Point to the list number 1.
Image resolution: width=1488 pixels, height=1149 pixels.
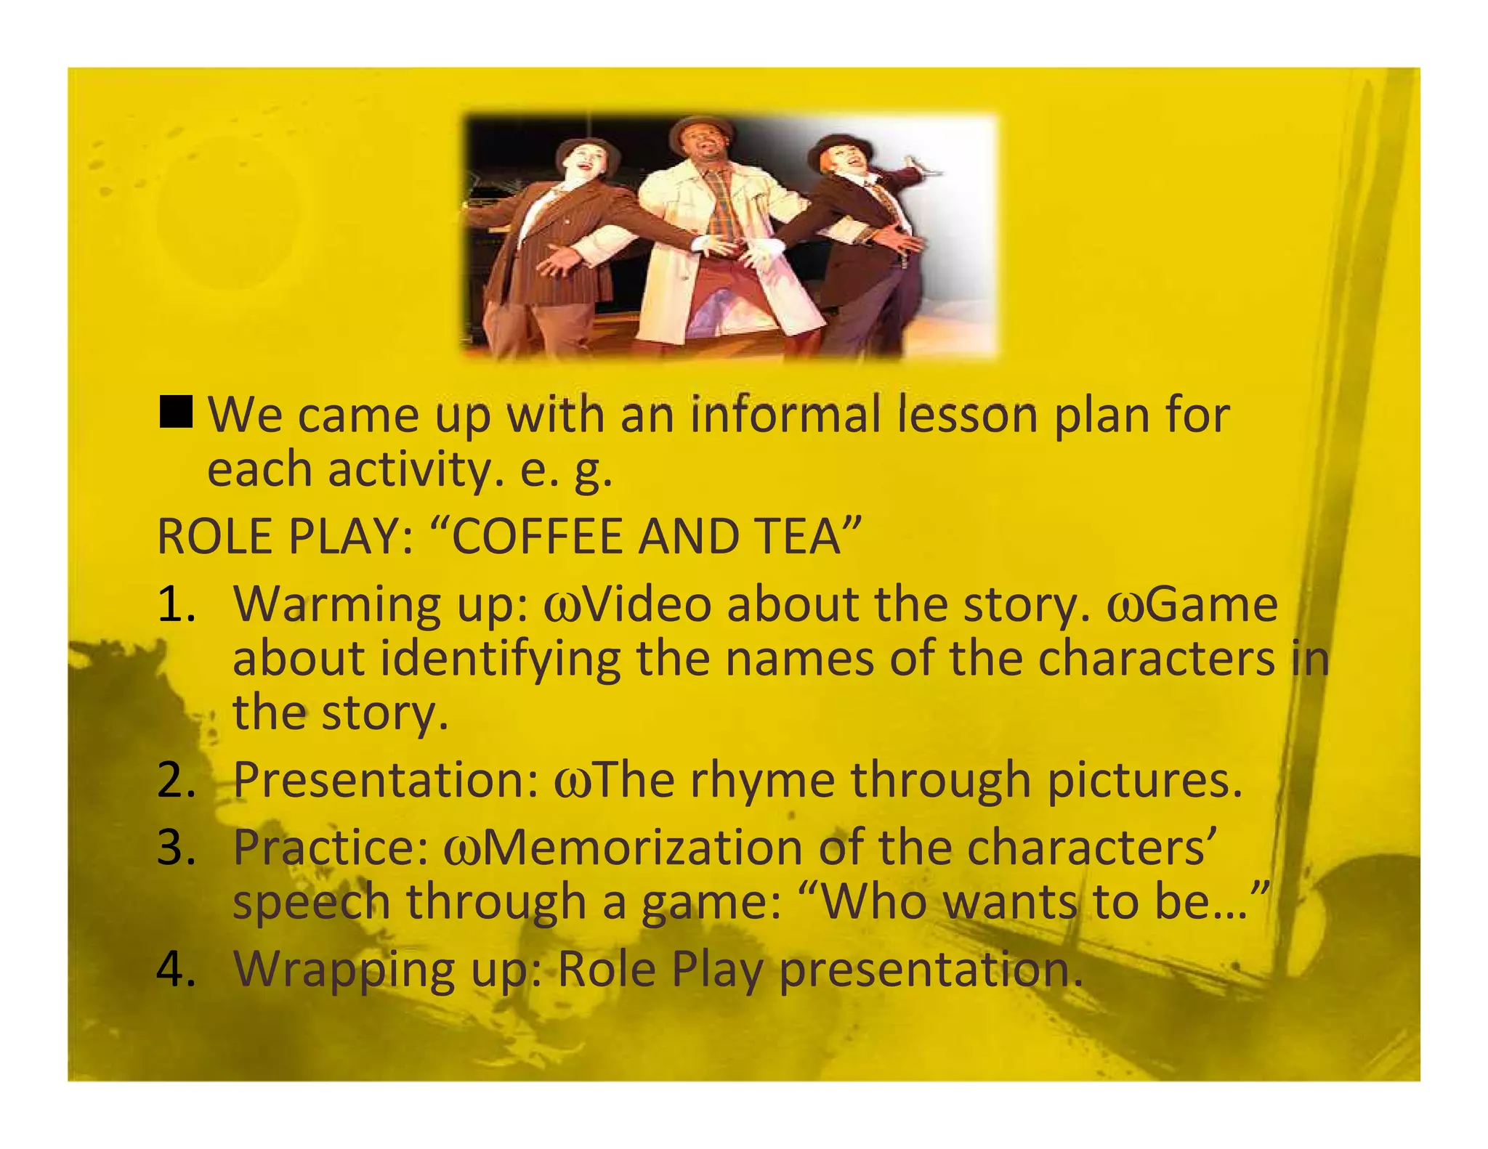click(x=176, y=604)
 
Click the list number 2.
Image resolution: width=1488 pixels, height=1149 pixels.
click(x=176, y=780)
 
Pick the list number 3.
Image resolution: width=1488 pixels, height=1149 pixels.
click(x=176, y=848)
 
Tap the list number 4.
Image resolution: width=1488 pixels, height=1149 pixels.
click(x=176, y=968)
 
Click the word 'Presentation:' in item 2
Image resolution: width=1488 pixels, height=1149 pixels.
click(x=386, y=780)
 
